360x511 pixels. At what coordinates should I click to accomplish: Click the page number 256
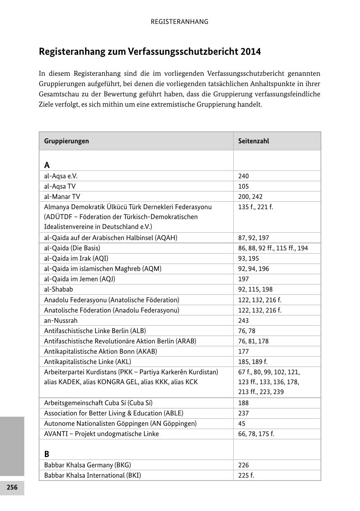[x=12, y=488]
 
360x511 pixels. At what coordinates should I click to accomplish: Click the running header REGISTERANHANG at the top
[x=179, y=22]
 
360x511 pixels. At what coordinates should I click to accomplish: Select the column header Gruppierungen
[x=67, y=141]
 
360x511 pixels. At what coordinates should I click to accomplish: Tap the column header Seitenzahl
[x=253, y=141]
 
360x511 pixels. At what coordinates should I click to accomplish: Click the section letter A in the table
[x=47, y=165]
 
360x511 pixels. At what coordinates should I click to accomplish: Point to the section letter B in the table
[x=47, y=454]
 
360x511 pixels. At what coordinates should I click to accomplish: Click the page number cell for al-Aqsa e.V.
[x=243, y=176]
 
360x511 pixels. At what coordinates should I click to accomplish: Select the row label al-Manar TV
[x=62, y=196]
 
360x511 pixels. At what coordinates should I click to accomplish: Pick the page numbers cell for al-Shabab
[x=255, y=289]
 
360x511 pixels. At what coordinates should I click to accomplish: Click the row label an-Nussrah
[x=61, y=320]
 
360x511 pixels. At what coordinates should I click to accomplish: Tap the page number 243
[x=243, y=320]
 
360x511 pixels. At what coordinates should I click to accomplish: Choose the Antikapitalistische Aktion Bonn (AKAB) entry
[x=100, y=351]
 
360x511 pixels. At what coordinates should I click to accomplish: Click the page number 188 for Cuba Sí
[x=243, y=403]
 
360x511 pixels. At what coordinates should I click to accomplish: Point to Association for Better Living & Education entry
[x=114, y=413]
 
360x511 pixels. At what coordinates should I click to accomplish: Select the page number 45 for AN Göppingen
[x=242, y=423]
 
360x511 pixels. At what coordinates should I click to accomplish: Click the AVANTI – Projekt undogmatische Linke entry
[x=101, y=434]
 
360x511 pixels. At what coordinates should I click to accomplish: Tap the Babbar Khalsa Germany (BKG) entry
[x=87, y=465]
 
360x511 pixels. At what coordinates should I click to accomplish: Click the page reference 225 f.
[x=246, y=475]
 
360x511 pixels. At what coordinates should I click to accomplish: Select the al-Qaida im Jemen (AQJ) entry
[x=79, y=279]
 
